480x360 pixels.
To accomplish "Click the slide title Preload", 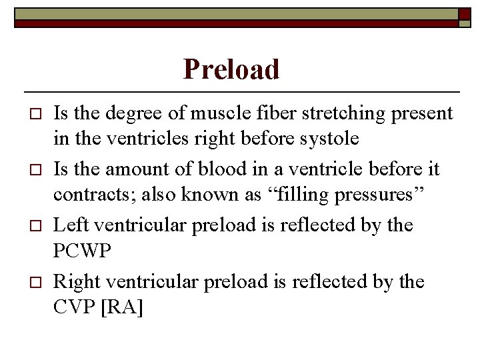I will coord(231,69).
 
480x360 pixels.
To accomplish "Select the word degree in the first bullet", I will coord(127,114).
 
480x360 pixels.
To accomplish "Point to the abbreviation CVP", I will coord(73,308).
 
